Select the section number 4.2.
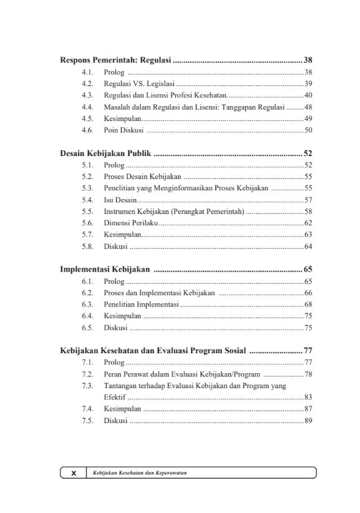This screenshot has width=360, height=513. [88, 84]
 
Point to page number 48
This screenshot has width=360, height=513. [308, 107]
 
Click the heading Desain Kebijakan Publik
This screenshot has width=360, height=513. [106, 153]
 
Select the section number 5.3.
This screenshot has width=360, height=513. [88, 188]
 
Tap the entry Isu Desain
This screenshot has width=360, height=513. [120, 200]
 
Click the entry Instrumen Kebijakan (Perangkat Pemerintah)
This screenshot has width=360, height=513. [175, 212]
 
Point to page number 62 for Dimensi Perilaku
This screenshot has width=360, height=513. [308, 223]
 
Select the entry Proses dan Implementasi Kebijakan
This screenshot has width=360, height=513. [160, 293]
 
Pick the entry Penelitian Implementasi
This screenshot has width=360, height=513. [141, 305]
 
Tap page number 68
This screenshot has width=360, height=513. [308, 305]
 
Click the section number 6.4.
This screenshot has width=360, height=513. [88, 316]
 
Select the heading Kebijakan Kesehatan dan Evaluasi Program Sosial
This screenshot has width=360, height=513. [153, 350]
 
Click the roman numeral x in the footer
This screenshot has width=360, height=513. [74, 473]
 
